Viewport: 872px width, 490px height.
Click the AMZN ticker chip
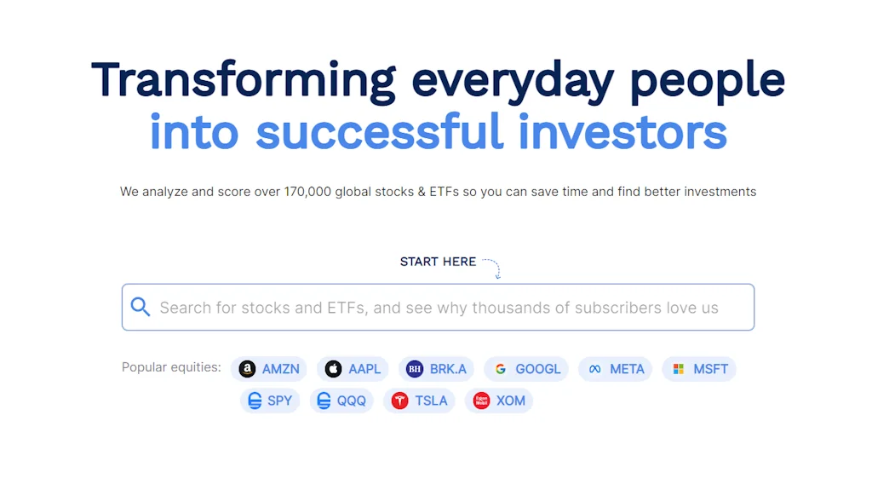coord(269,369)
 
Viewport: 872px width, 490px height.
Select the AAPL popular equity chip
coord(353,369)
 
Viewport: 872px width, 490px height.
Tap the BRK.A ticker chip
coord(437,369)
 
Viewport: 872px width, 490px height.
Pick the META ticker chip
coord(616,369)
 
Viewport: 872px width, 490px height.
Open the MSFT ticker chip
coord(699,369)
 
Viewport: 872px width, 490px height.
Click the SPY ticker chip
coord(270,401)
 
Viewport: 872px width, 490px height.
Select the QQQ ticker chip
coord(341,401)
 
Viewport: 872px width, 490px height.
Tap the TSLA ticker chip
coord(420,401)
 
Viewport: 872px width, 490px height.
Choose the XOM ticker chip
coord(499,401)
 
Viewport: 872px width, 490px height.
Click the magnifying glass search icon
coord(141,308)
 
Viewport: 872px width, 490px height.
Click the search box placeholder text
coord(439,308)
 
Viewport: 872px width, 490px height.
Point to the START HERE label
coord(438,262)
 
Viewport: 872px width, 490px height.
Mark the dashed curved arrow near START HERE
coord(492,267)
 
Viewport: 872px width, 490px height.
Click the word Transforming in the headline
coord(243,80)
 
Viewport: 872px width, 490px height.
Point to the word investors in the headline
coord(622,133)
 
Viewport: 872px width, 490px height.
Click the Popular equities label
coord(171,367)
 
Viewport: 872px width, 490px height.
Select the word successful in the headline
coord(380,133)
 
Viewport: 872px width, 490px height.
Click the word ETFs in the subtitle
coord(445,192)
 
